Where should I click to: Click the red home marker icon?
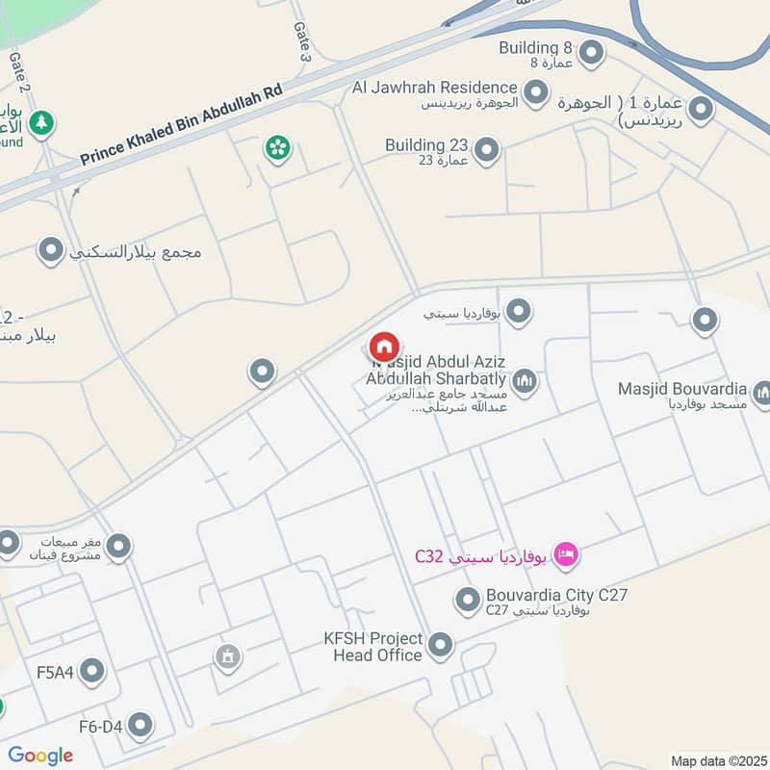click(x=384, y=346)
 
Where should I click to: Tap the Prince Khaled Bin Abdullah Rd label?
click(x=181, y=123)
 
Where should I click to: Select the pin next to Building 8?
click(x=592, y=51)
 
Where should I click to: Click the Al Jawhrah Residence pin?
click(x=536, y=93)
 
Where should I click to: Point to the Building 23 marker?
click(x=487, y=150)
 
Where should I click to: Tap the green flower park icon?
click(x=278, y=148)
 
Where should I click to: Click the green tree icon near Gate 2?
click(x=40, y=123)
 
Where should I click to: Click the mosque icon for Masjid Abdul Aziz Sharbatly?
click(x=525, y=383)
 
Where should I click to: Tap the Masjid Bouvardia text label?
click(x=683, y=389)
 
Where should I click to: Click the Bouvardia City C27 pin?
click(x=468, y=602)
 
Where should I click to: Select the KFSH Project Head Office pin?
click(x=441, y=646)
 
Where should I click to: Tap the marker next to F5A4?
click(x=92, y=671)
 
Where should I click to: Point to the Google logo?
click(x=40, y=756)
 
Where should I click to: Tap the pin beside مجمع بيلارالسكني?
click(x=50, y=252)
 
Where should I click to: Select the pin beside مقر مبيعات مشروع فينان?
click(x=118, y=548)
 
